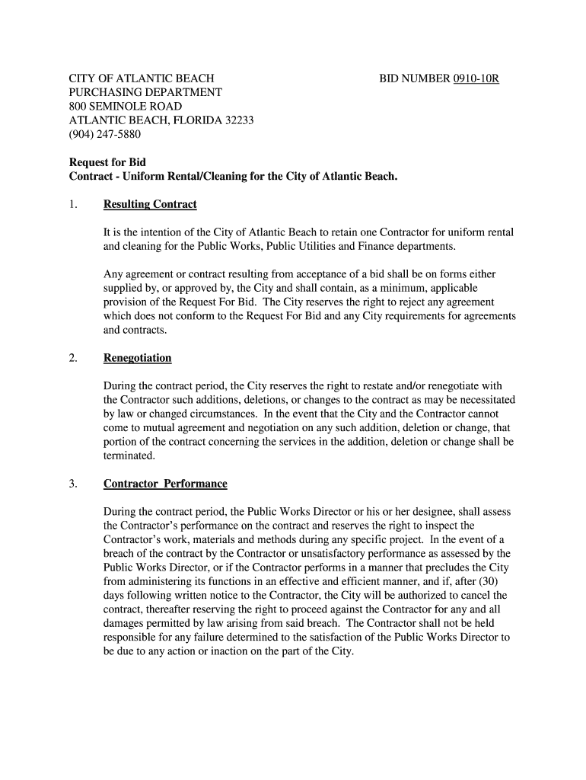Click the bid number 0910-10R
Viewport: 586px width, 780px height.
click(476, 78)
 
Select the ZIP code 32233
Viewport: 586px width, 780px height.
click(238, 120)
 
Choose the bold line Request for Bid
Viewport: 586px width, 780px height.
click(107, 163)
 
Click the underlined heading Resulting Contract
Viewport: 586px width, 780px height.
click(150, 204)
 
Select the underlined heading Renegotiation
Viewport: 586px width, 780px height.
click(137, 358)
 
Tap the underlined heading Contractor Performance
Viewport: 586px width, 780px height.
click(165, 484)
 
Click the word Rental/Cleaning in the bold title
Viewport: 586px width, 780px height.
click(209, 177)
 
